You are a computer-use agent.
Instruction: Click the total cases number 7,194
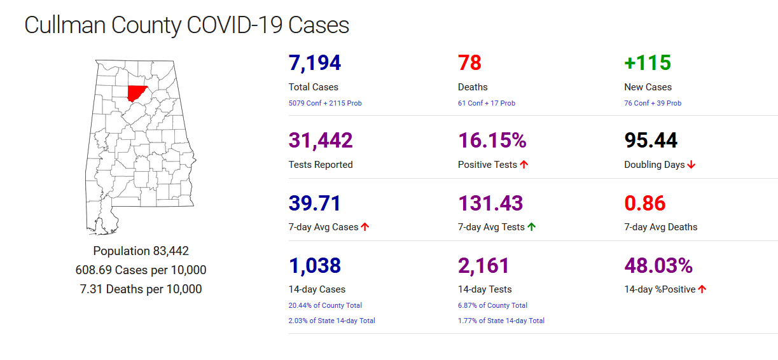315,63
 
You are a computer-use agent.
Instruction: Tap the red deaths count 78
469,63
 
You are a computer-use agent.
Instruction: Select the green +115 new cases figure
648,63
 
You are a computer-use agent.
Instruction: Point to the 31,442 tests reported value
321,141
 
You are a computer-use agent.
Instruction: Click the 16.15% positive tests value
492,141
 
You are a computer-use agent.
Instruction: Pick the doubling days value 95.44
651,141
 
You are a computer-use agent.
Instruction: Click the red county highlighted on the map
135,93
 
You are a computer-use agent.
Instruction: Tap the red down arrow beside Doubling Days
691,165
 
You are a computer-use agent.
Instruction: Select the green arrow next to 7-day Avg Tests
531,227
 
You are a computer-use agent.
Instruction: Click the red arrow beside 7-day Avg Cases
365,227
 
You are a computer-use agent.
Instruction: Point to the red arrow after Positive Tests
524,165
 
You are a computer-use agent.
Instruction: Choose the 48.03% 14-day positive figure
658,266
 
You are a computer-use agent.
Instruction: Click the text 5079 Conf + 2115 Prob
325,103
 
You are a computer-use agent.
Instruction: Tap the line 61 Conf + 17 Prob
487,103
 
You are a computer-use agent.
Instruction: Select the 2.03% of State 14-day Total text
331,321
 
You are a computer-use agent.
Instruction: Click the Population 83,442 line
141,251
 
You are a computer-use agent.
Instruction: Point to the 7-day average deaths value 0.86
645,204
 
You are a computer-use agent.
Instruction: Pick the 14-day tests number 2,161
483,266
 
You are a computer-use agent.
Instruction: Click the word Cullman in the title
64,25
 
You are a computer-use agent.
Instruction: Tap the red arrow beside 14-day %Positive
702,289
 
